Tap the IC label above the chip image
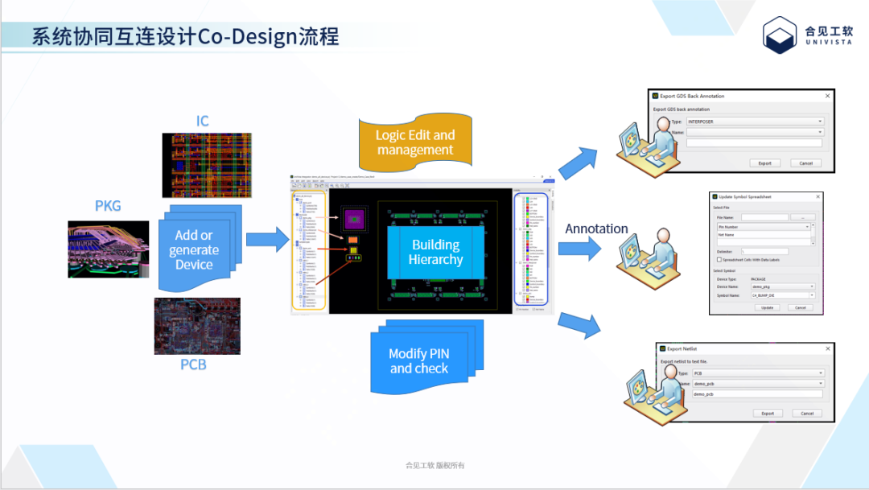[203, 121]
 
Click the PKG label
[108, 206]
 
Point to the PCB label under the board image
[193, 364]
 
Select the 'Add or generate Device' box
[195, 249]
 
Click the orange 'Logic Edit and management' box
[415, 142]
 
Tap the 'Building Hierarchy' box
[435, 252]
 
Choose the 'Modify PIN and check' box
[419, 360]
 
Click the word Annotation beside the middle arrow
[596, 229]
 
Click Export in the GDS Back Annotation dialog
[764, 163]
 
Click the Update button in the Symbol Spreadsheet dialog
[767, 307]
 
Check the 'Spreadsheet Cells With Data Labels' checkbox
[719, 259]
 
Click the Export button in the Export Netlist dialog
[768, 414]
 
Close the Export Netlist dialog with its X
[827, 349]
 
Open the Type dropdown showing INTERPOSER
[753, 121]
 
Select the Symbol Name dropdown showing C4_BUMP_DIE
[782, 295]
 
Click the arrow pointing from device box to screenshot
[266, 239]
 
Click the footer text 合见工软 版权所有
[434, 465]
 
